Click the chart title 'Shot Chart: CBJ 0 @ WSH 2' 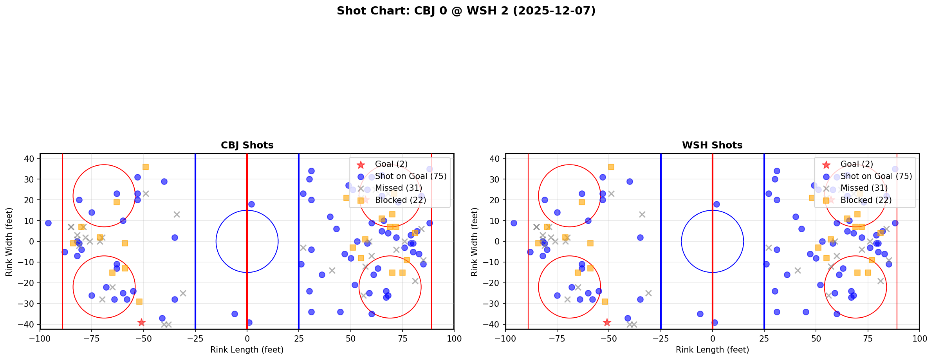(x=466, y=11)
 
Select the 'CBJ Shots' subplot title (x=247, y=145)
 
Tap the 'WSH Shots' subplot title (x=712, y=145)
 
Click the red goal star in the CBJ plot (x=141, y=322)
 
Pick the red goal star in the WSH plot (x=607, y=322)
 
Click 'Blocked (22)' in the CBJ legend (x=400, y=200)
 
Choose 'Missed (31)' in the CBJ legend (x=398, y=188)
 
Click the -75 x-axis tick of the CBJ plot (x=92, y=338)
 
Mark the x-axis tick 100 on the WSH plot (x=919, y=338)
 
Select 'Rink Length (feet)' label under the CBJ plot (x=247, y=350)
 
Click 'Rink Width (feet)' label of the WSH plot (x=475, y=242)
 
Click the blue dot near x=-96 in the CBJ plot (x=48, y=223)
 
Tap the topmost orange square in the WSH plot (x=611, y=167)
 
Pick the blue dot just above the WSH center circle (x=716, y=204)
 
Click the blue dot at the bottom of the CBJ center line (x=249, y=322)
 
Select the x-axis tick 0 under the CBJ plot (x=247, y=338)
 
